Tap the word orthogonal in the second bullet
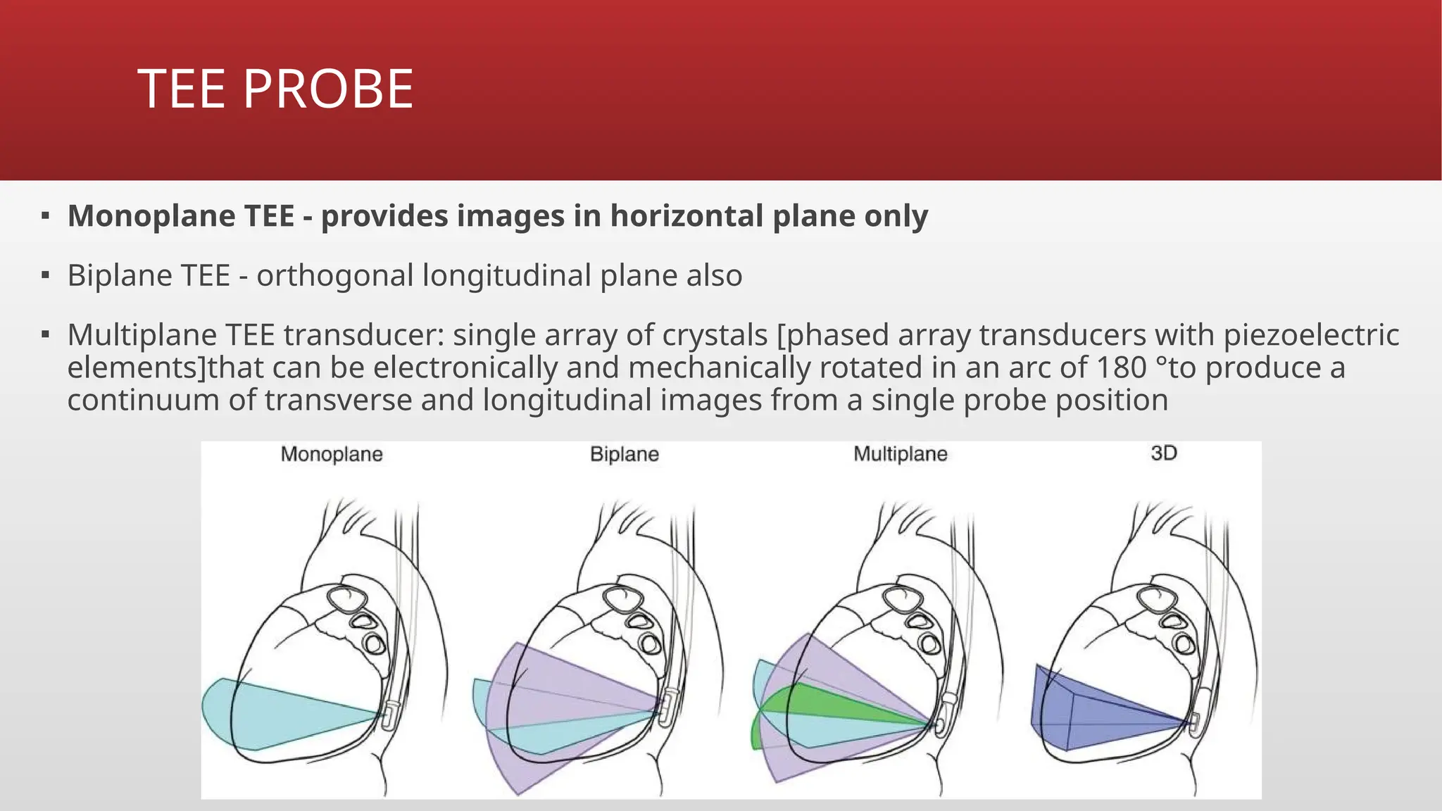(335, 275)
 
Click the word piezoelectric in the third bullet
(1311, 335)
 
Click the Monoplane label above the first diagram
(332, 454)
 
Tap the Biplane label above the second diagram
(625, 454)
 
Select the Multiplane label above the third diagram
(901, 454)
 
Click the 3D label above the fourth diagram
(1164, 453)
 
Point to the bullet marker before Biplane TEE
(45, 275)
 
